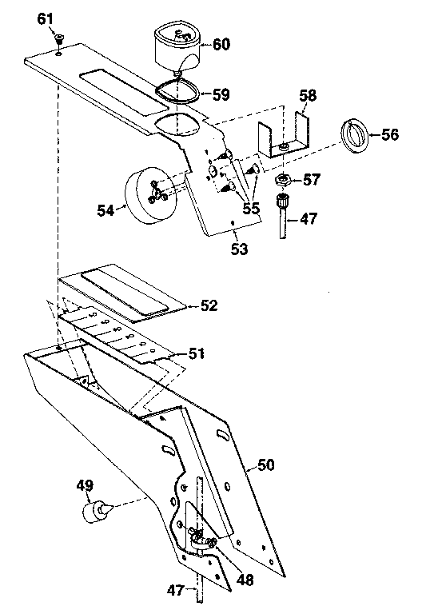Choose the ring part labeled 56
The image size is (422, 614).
pyautogui.click(x=355, y=134)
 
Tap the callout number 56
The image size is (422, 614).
pyautogui.click(x=389, y=134)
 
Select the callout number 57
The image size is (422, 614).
pyautogui.click(x=310, y=180)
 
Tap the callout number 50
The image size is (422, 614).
pyautogui.click(x=265, y=463)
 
